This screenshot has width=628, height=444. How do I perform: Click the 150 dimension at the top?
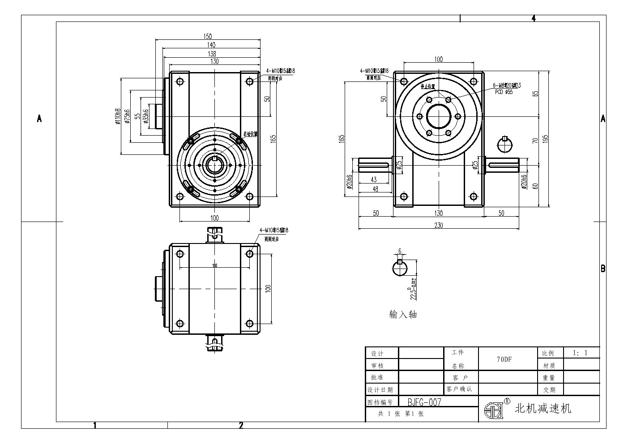[x=208, y=36]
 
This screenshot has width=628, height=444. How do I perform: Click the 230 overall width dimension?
[x=438, y=225]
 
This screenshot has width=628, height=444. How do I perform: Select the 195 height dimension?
[x=545, y=139]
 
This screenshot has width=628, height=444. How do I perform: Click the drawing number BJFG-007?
[x=424, y=402]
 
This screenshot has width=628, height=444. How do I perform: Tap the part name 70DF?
[x=504, y=359]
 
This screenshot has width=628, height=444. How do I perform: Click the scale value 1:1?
[x=580, y=353]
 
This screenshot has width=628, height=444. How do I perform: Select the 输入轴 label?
[x=403, y=315]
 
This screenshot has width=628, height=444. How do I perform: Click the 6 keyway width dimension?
[x=400, y=252]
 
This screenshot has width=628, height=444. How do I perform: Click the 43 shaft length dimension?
[x=374, y=179]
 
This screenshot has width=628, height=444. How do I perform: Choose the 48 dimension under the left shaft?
[x=375, y=189]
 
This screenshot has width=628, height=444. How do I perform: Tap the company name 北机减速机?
[x=543, y=408]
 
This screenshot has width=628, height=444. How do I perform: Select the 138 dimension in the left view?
[x=211, y=53]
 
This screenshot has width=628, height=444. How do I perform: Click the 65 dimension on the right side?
[x=535, y=94]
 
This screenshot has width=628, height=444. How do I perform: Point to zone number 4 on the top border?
[x=534, y=18]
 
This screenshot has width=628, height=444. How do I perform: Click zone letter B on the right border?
[x=603, y=269]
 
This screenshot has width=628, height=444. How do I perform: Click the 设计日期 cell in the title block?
[x=380, y=389]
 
